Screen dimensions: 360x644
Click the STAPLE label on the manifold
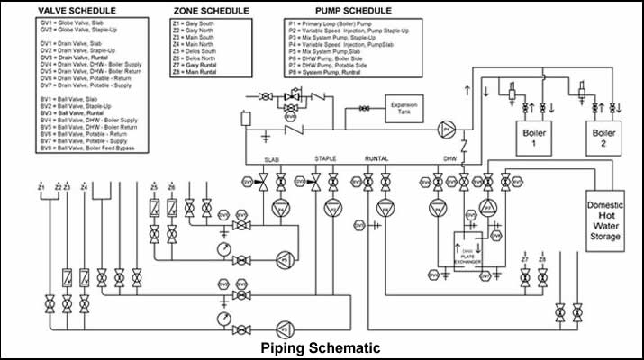[x=325, y=159]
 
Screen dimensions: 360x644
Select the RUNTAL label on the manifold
[x=376, y=159]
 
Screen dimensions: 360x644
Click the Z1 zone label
[x=41, y=187]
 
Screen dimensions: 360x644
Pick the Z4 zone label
[x=84, y=187]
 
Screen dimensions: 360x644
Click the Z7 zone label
[x=523, y=259]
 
